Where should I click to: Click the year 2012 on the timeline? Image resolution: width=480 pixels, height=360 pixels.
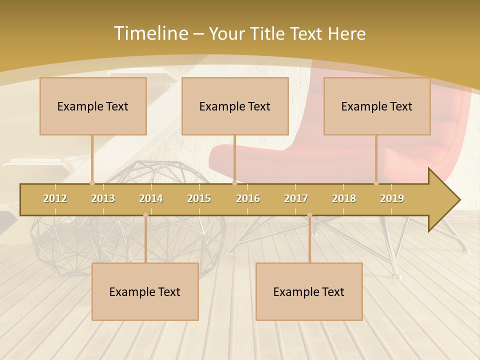pyautogui.click(x=55, y=198)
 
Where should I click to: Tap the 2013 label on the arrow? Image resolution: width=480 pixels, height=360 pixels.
pyautogui.click(x=103, y=198)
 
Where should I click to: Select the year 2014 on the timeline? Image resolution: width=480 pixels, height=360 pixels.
pyautogui.click(x=151, y=198)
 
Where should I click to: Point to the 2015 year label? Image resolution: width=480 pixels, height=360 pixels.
pyautogui.click(x=199, y=198)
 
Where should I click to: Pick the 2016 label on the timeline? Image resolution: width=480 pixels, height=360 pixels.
pyautogui.click(x=248, y=198)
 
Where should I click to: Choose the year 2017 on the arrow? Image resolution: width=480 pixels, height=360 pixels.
pyautogui.click(x=296, y=198)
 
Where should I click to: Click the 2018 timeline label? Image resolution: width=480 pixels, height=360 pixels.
pyautogui.click(x=344, y=198)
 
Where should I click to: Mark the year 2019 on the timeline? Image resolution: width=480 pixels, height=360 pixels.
pyautogui.click(x=392, y=198)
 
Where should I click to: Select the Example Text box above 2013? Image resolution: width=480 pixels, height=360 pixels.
pyautogui.click(x=93, y=106)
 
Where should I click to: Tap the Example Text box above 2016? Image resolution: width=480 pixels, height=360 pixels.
pyautogui.click(x=235, y=106)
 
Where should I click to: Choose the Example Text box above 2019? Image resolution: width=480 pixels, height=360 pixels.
pyautogui.click(x=377, y=106)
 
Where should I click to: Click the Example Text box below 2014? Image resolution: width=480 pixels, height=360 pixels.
pyautogui.click(x=145, y=291)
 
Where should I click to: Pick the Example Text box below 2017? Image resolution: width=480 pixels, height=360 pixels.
pyautogui.click(x=309, y=291)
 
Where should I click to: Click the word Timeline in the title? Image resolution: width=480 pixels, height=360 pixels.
pyautogui.click(x=150, y=33)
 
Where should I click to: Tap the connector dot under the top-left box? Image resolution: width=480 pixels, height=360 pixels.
pyautogui.click(x=92, y=183)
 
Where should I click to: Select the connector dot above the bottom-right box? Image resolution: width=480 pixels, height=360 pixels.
pyautogui.click(x=309, y=215)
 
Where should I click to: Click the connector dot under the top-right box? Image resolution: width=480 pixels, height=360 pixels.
pyautogui.click(x=376, y=183)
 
